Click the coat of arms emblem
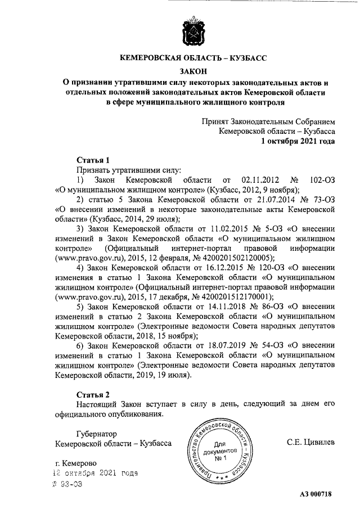point(192,34)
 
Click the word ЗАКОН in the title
point(193,71)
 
